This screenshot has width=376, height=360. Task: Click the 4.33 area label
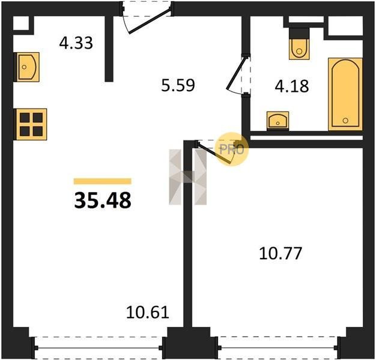click(x=76, y=43)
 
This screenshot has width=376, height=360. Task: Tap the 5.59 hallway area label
click(x=178, y=86)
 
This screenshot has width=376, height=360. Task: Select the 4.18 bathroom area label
click(x=291, y=86)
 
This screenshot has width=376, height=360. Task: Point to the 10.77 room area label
click(x=280, y=254)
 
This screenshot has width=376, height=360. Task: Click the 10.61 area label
click(x=148, y=313)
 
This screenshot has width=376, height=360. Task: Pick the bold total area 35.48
click(x=103, y=200)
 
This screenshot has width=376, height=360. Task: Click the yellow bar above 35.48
click(x=103, y=181)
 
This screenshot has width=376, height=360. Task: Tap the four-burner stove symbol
click(x=31, y=124)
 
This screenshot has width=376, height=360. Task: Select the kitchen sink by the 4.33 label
click(x=27, y=67)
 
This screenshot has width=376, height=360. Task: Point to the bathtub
click(x=345, y=94)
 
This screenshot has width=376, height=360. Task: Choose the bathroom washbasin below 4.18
click(x=277, y=121)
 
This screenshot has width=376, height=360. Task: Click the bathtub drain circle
click(x=345, y=121)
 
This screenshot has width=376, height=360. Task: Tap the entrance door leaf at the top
click(x=150, y=20)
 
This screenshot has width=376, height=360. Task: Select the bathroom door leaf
click(x=236, y=73)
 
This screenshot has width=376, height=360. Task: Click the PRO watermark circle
click(x=232, y=149)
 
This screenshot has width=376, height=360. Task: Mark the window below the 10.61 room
click(x=98, y=348)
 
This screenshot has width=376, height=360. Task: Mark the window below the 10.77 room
click(x=279, y=348)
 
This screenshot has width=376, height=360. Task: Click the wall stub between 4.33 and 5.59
click(x=109, y=49)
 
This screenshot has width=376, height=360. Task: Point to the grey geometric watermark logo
click(x=188, y=177)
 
